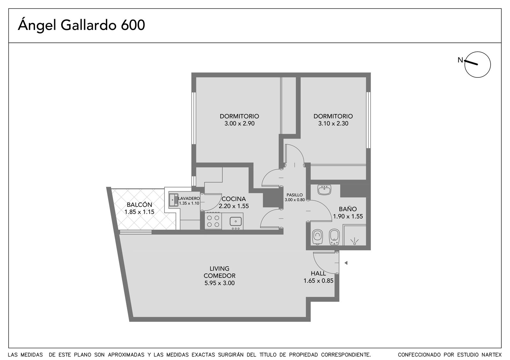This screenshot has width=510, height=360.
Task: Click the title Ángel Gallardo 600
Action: pyautogui.click(x=81, y=25)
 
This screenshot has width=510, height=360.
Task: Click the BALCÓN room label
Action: pyautogui.click(x=139, y=205)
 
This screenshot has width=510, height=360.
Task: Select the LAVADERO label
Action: pyautogui.click(x=189, y=198)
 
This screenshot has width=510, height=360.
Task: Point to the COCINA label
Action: pyautogui.click(x=234, y=199)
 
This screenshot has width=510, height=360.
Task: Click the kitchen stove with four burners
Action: pyautogui.click(x=213, y=221)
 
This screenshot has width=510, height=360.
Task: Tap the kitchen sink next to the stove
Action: pyautogui.click(x=236, y=221)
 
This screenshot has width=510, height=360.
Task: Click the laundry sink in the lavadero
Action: pyautogui.click(x=173, y=200)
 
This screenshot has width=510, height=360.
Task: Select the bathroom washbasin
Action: pyautogui.click(x=324, y=190)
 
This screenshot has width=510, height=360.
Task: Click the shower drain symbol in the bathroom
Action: pyautogui.click(x=354, y=241)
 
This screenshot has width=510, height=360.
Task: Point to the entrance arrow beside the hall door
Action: pyautogui.click(x=346, y=263)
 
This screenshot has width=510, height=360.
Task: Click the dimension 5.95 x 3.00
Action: pyautogui.click(x=220, y=283)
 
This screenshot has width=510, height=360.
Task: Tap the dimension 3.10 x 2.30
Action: pyautogui.click(x=333, y=124)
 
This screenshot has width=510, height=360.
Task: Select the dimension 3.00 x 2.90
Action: pyautogui.click(x=239, y=124)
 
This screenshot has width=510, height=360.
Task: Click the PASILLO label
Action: pyautogui.click(x=295, y=195)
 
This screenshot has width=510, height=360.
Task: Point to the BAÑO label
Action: pyautogui.click(x=348, y=209)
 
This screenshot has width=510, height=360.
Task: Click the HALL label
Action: pyautogui.click(x=318, y=273)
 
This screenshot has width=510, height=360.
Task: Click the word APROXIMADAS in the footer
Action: pyautogui.click(x=126, y=355)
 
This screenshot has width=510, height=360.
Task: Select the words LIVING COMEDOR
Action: pyautogui.click(x=220, y=272)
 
